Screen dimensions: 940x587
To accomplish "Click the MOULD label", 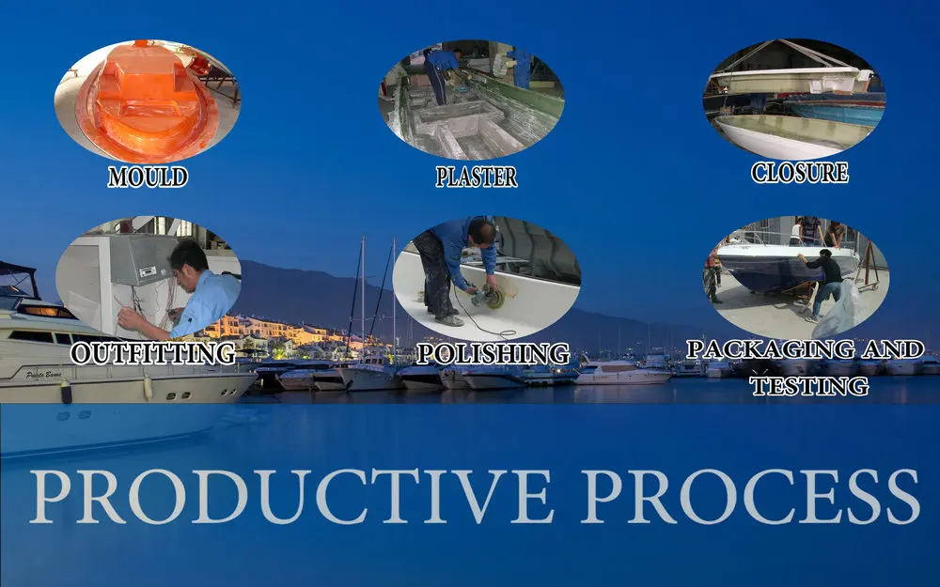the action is pyautogui.click(x=148, y=178).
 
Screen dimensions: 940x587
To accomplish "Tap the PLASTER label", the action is pyautogui.click(x=476, y=178).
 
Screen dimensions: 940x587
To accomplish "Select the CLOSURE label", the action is pyautogui.click(x=800, y=173).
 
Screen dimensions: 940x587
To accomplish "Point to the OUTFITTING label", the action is pyautogui.click(x=153, y=353).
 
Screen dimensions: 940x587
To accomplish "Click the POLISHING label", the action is pyautogui.click(x=493, y=353).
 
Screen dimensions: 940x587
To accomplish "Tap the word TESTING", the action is pyautogui.click(x=809, y=385).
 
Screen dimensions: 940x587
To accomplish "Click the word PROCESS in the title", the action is pyautogui.click(x=750, y=497).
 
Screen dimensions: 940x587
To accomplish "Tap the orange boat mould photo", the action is pyautogui.click(x=148, y=100).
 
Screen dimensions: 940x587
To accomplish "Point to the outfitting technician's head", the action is pyautogui.click(x=188, y=256).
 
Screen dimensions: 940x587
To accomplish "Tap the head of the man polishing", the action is pyautogui.click(x=482, y=231).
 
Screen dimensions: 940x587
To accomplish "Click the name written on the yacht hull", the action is pyautogui.click(x=44, y=375).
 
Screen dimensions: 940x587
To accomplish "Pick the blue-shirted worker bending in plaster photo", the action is pyautogui.click(x=442, y=73).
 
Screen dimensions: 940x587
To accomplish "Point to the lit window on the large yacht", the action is pyautogui.click(x=47, y=312).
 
